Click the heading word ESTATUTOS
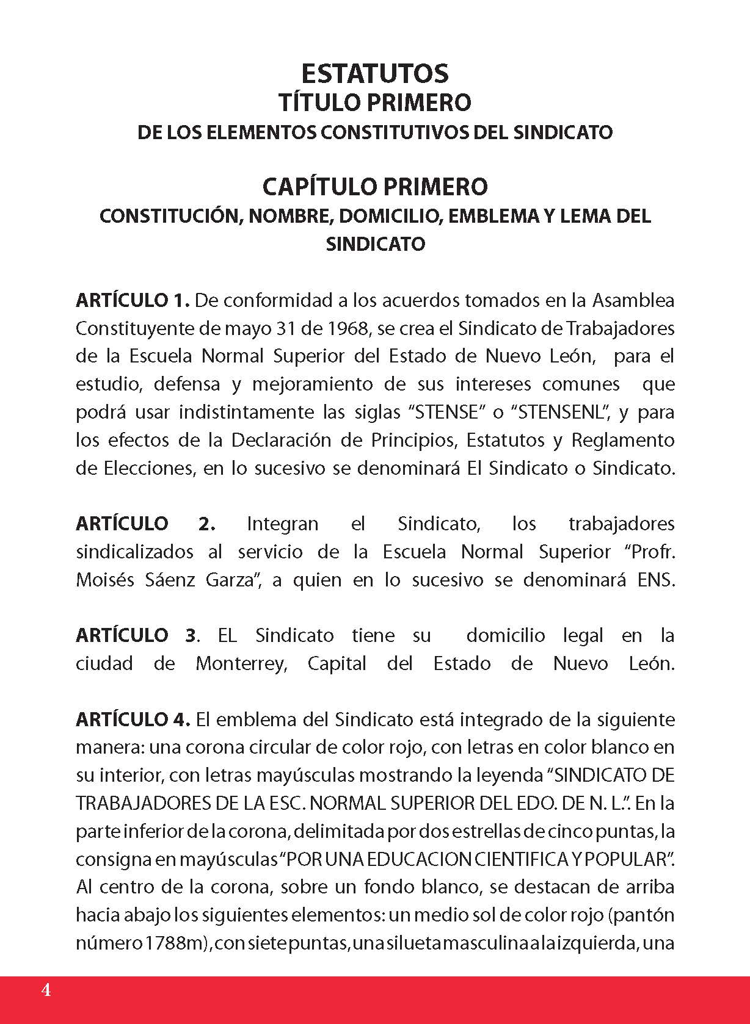375,73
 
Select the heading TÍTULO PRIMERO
375,103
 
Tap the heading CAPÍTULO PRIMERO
375,186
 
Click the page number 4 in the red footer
46,990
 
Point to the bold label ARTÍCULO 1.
134,300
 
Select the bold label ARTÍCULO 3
137,635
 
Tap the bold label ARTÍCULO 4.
134,719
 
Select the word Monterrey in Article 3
241,663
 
